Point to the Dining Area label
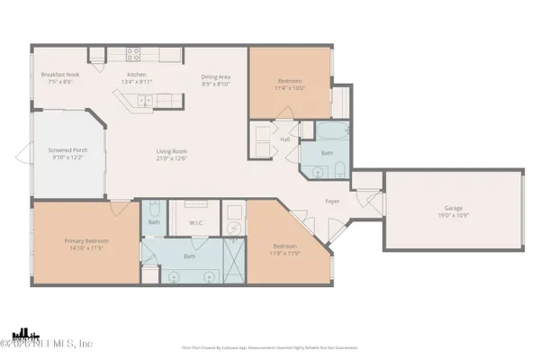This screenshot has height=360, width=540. pos(217,76)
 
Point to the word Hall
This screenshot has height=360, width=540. pos(284,139)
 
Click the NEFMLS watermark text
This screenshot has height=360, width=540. pos(47,343)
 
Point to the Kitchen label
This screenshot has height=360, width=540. pos(136,74)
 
